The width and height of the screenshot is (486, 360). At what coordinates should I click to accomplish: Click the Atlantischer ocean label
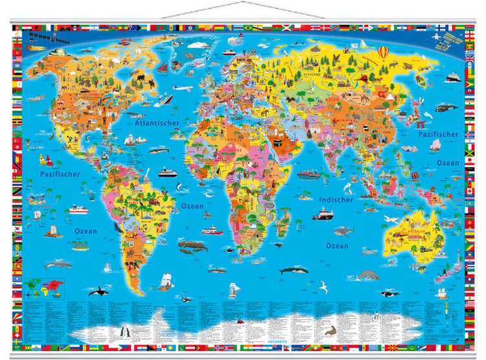156,122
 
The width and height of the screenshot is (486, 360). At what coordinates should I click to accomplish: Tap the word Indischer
336,199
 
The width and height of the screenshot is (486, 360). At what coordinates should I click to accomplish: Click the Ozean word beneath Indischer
336,245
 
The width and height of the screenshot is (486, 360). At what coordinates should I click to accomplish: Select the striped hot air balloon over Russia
384,53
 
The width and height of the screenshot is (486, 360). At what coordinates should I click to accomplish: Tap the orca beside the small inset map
98,292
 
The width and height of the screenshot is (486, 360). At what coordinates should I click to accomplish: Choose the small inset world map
46,286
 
